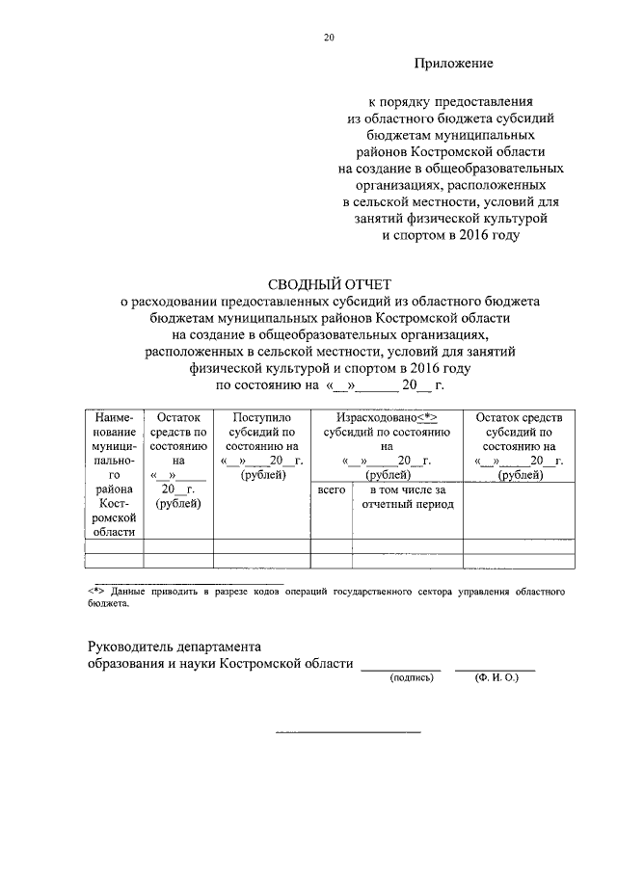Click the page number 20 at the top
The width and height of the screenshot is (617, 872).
click(329, 38)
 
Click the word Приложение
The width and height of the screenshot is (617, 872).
click(453, 64)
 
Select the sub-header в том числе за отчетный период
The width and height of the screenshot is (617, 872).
click(408, 498)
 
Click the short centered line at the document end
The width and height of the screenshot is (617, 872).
click(348, 731)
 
